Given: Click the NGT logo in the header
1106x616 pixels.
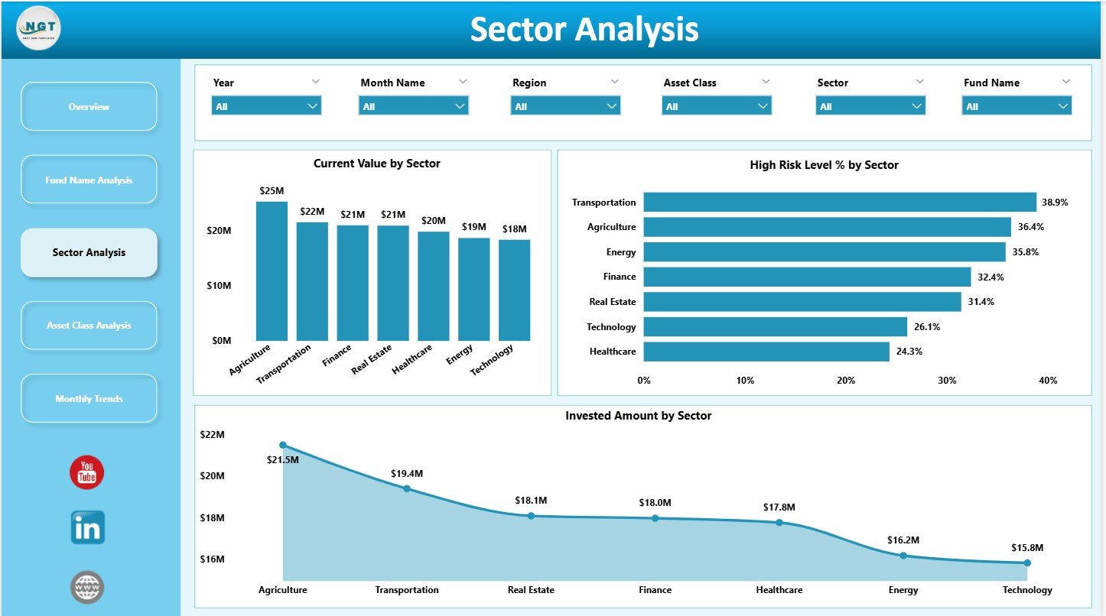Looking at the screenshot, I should [38, 28].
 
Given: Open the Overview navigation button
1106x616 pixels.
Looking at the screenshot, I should [89, 107].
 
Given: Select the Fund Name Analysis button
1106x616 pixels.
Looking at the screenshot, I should [89, 180].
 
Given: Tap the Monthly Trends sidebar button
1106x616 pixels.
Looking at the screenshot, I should [89, 399].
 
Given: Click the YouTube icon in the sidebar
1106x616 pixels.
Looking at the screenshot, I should [86, 472].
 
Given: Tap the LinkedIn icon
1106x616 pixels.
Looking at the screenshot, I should [87, 528].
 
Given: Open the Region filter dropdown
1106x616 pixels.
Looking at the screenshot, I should [565, 106].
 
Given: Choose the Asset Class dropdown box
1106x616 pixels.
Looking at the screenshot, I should [717, 106].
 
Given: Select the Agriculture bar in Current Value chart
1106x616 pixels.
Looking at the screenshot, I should [272, 271].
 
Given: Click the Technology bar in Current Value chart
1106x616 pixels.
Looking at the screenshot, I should [514, 290].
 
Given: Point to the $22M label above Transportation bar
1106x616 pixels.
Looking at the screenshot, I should [312, 211].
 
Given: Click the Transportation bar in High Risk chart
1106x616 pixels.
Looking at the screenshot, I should [839, 203].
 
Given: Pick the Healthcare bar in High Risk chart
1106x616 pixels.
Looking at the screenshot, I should [766, 352].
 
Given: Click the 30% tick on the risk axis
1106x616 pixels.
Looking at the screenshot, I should [947, 381].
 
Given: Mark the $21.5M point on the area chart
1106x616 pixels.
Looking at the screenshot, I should [283, 445].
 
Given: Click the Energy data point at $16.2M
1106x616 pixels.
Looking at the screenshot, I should [903, 556].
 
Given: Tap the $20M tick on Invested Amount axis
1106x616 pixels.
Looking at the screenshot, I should [212, 476].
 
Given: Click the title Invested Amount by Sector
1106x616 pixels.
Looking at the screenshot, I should [638, 416].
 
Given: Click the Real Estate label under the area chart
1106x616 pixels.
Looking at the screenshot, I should [531, 590].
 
